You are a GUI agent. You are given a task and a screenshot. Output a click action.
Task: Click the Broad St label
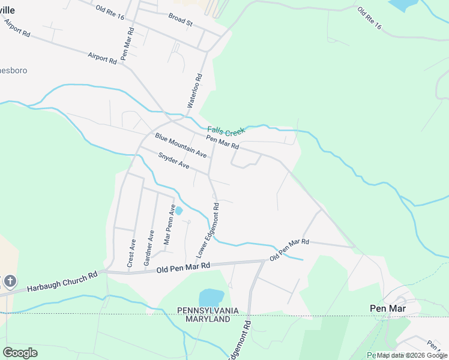pyautogui.click(x=180, y=19)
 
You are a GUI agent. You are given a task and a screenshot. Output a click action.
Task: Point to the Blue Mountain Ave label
pyautogui.click(x=181, y=145)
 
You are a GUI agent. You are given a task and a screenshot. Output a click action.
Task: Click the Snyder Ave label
pyautogui.click(x=173, y=160)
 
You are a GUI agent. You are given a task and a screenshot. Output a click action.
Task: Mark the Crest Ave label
pyautogui.click(x=132, y=253)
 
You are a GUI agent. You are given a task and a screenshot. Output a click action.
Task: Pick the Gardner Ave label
pyautogui.click(x=149, y=248)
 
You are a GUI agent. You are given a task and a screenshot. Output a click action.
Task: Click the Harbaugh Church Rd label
pyautogui.click(x=62, y=282)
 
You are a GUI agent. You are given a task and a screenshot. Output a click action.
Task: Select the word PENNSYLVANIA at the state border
pyautogui.click(x=208, y=310)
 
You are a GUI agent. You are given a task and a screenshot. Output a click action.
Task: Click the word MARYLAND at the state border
pyautogui.click(x=208, y=319)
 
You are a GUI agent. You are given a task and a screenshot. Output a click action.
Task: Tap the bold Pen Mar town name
pyautogui.click(x=387, y=308)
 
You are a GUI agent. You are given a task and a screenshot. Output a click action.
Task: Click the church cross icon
pyautogui.click(x=10, y=281)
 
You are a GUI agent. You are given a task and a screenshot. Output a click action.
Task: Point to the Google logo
pyautogui.click(x=20, y=353)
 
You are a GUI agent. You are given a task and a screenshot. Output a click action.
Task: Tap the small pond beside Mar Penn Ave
pyautogui.click(x=178, y=211)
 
